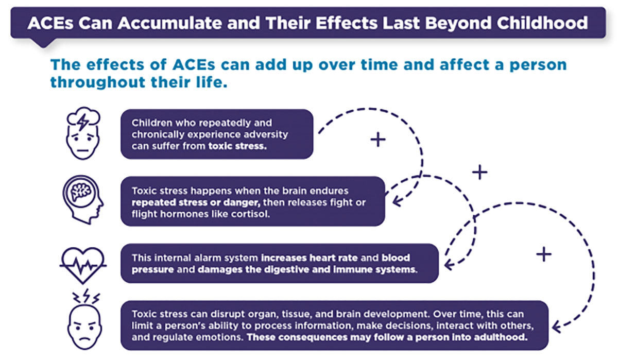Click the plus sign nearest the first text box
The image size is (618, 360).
coord(379,140)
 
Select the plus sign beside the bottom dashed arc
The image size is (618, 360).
coord(544,254)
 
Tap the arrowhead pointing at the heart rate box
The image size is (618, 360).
coord(448,265)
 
